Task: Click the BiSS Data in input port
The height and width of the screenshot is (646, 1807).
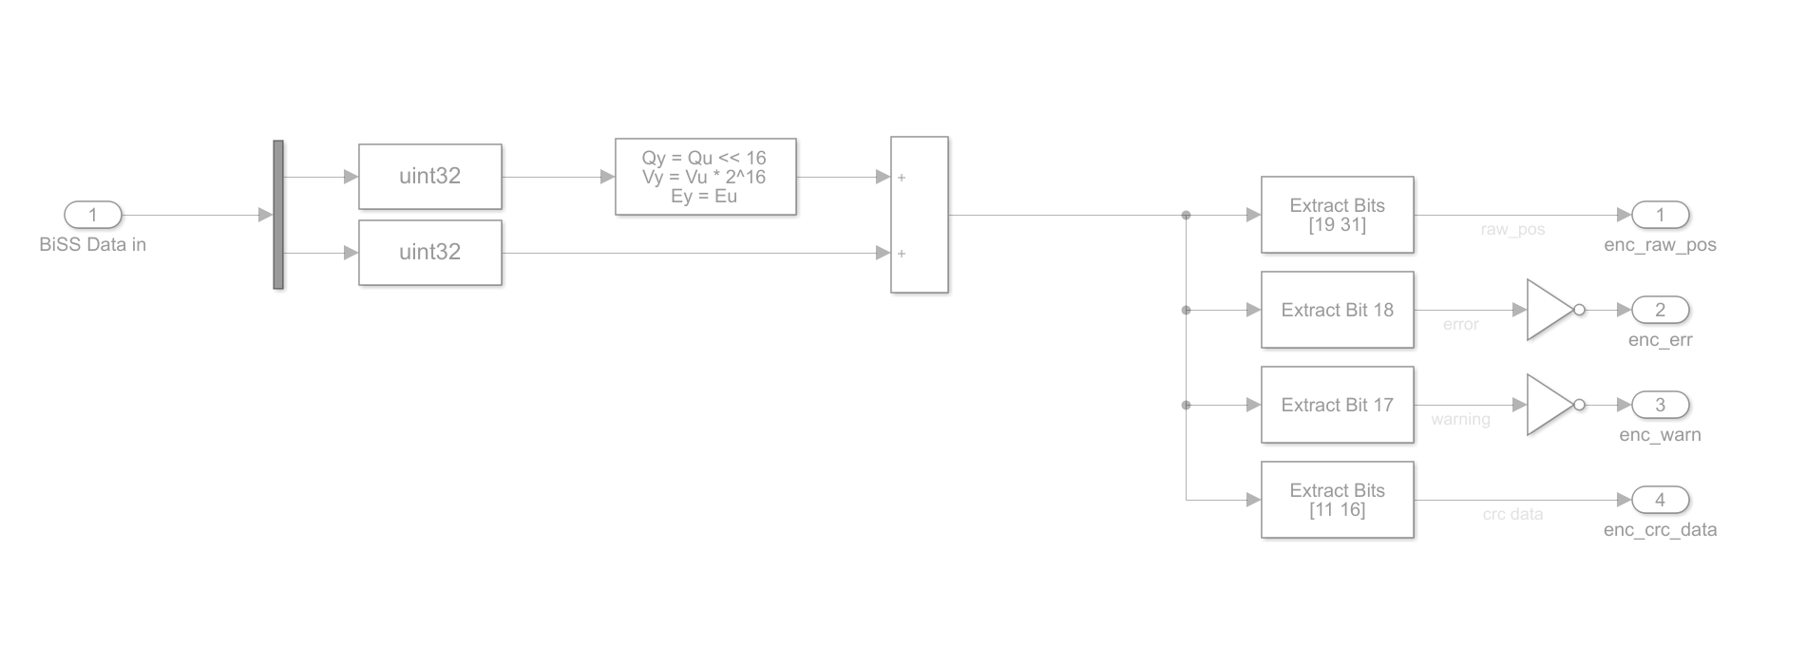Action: (x=93, y=215)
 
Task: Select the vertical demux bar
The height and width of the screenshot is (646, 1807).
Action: (x=278, y=215)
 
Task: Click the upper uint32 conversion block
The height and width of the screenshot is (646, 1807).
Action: (x=429, y=177)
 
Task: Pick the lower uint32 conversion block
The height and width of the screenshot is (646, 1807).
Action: (x=429, y=253)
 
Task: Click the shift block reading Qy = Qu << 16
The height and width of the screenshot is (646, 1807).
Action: (x=705, y=177)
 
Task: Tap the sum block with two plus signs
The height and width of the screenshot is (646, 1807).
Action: (x=919, y=215)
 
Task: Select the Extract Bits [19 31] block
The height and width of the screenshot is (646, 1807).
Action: (x=1337, y=215)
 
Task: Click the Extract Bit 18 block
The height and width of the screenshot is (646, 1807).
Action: (x=1337, y=310)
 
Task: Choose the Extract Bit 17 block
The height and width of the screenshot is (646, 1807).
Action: (x=1337, y=405)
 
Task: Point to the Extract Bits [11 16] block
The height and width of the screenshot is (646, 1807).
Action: (x=1337, y=500)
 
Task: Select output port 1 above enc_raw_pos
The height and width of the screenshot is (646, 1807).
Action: (x=1660, y=215)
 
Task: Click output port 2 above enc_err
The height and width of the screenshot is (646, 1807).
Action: (x=1660, y=310)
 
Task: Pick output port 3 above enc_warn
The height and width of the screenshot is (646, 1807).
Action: (x=1660, y=405)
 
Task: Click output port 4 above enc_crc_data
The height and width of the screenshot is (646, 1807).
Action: (x=1660, y=500)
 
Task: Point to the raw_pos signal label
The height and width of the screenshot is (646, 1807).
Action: (x=1512, y=230)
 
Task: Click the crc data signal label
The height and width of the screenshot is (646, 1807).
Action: (x=1512, y=515)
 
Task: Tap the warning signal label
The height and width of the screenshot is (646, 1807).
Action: (x=1460, y=420)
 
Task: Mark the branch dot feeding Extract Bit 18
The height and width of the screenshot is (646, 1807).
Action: (x=1186, y=310)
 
